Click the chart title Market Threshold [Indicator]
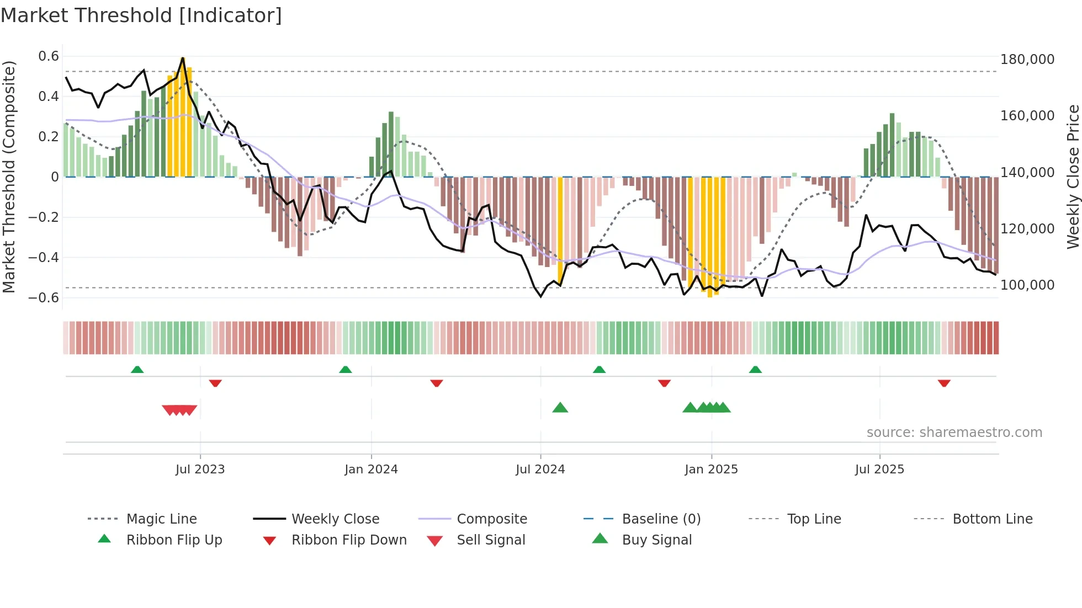pyautogui.click(x=141, y=15)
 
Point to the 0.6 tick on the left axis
pyautogui.click(x=49, y=56)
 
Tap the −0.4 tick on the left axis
pyautogui.click(x=44, y=258)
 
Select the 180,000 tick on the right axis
pyautogui.click(x=1027, y=60)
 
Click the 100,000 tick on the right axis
pyautogui.click(x=1027, y=285)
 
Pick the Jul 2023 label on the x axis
pyautogui.click(x=200, y=470)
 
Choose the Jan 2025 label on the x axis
pyautogui.click(x=711, y=470)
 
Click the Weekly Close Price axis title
pyautogui.click(x=1073, y=177)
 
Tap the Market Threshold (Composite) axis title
pyautogui.click(x=9, y=177)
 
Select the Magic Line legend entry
pyautogui.click(x=161, y=519)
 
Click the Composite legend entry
pyautogui.click(x=491, y=519)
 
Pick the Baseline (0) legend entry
pyautogui.click(x=661, y=519)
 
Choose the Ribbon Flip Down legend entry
pyautogui.click(x=349, y=540)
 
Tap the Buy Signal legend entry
pyautogui.click(x=656, y=540)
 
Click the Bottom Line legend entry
pyautogui.click(x=992, y=519)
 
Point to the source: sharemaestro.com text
pyautogui.click(x=954, y=433)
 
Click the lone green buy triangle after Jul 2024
pyautogui.click(x=560, y=408)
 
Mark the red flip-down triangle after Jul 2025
pyautogui.click(x=944, y=383)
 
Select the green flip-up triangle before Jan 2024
pyautogui.click(x=346, y=370)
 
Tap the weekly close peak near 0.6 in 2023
pyautogui.click(x=183, y=58)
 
